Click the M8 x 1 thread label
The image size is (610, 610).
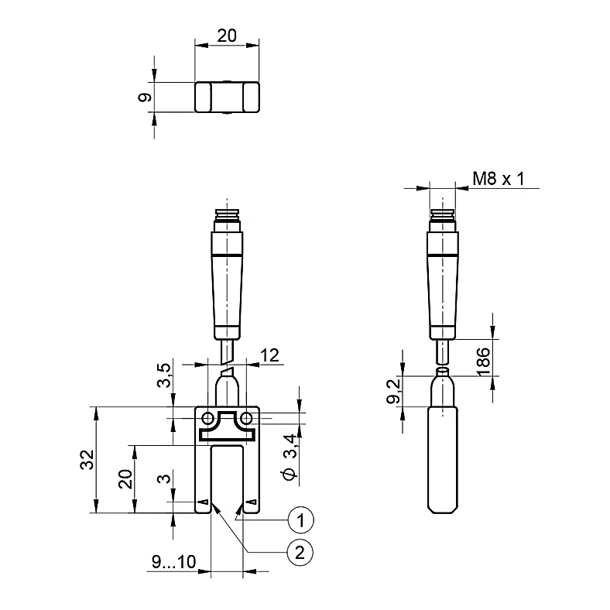(x=499, y=179)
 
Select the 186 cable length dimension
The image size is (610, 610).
(x=484, y=362)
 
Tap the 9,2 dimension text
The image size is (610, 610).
(x=394, y=392)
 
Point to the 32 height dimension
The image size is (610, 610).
(x=87, y=460)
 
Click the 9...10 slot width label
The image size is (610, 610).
(x=173, y=562)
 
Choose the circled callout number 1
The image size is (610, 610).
(x=300, y=519)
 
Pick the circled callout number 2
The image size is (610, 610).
(x=300, y=553)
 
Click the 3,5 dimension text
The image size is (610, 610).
(x=164, y=375)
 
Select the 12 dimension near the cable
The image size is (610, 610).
(x=269, y=355)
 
